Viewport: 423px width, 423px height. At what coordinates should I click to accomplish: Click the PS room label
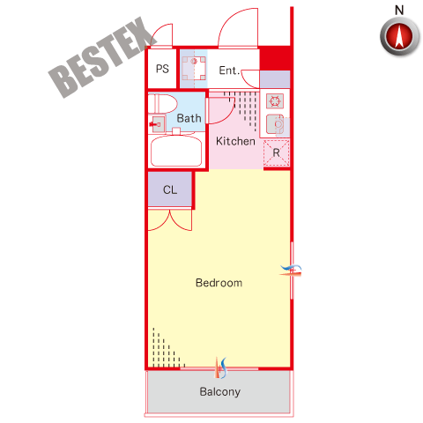click(x=162, y=69)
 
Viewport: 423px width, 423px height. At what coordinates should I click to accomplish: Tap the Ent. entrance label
click(x=229, y=70)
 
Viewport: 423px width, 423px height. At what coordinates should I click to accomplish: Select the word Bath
click(x=189, y=118)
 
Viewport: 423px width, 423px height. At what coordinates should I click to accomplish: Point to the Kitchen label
click(x=235, y=141)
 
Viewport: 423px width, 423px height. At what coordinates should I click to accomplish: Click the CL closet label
click(x=170, y=189)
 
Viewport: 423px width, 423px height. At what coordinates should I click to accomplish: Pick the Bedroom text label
click(x=219, y=283)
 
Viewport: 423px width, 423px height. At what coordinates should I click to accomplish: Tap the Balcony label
click(x=220, y=391)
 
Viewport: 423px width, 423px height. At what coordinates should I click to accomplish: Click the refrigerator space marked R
click(x=277, y=153)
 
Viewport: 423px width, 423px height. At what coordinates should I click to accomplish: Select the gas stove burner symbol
click(x=275, y=101)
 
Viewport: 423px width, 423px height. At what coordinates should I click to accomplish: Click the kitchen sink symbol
click(x=275, y=124)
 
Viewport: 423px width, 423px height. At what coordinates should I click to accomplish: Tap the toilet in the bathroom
click(x=162, y=103)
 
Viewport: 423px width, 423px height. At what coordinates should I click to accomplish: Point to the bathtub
click(x=176, y=151)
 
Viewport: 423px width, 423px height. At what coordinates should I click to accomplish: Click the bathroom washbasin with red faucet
click(x=158, y=124)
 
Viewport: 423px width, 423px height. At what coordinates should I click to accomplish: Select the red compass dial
click(x=399, y=37)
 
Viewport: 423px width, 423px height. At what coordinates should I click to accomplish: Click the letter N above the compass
click(x=399, y=11)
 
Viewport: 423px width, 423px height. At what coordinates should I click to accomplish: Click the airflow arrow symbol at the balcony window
click(x=221, y=367)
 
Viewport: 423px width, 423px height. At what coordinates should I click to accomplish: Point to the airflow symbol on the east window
click(x=291, y=271)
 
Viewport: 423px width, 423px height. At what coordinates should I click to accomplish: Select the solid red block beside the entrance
click(x=275, y=58)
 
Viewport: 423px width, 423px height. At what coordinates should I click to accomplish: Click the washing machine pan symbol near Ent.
click(x=194, y=69)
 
